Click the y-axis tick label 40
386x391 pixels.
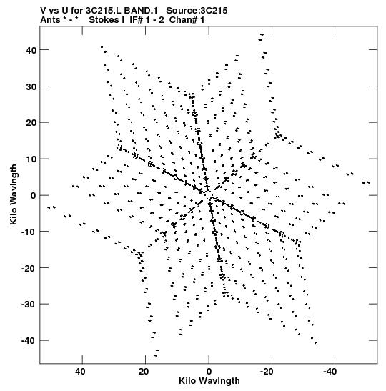tap(31, 50)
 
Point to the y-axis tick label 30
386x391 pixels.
tap(31, 86)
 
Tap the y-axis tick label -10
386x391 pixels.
tap(29, 232)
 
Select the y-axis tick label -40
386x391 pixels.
tap(29, 341)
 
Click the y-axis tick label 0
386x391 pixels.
tap(34, 196)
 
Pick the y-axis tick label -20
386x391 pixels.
tap(29, 268)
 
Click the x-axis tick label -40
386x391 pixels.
tap(330, 372)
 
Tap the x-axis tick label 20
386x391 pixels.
tap(144, 372)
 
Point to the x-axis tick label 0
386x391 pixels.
tap(209, 372)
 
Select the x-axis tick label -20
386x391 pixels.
tap(267, 372)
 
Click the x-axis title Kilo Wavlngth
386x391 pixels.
tap(209, 381)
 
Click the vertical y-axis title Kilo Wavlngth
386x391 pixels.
tap(14, 194)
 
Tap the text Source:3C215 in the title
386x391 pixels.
tap(197, 11)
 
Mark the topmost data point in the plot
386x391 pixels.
tap(262, 34)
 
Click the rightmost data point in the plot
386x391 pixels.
tap(369, 182)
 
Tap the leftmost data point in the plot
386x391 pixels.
tap(49, 207)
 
